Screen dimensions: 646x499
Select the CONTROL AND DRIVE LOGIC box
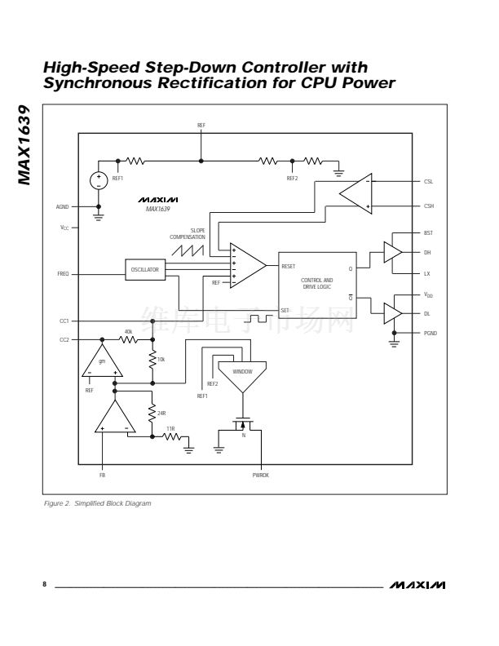pyautogui.click(x=317, y=283)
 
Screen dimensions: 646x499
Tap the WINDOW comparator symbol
pyautogui.click(x=242, y=374)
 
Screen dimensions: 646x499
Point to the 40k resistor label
pyautogui.click(x=128, y=331)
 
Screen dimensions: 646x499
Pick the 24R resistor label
pyautogui.click(x=161, y=413)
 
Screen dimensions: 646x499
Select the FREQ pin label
pyautogui.click(x=63, y=275)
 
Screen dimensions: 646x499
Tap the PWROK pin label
pyautogui.click(x=261, y=475)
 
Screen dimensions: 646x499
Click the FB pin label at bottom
pyautogui.click(x=102, y=475)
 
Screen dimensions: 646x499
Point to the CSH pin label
pyautogui.click(x=428, y=206)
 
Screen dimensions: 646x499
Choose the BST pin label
pyautogui.click(x=428, y=233)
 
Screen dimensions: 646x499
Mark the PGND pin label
pyautogui.click(x=430, y=333)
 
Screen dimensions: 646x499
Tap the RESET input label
pyautogui.click(x=289, y=266)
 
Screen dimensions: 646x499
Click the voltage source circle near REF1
pyautogui.click(x=99, y=180)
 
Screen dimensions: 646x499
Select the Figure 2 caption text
pyautogui.click(x=98, y=503)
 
